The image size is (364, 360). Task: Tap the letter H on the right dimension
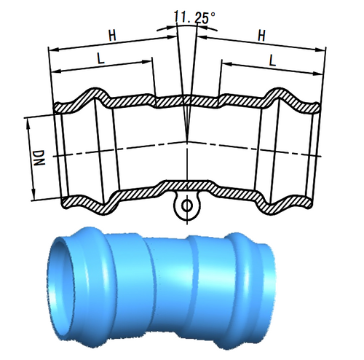(x=261, y=34)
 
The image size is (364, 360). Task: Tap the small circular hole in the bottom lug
(x=187, y=206)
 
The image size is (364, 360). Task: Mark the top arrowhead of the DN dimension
(x=30, y=119)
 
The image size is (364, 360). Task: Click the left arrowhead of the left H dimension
(x=51, y=50)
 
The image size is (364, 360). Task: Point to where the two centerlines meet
(x=187, y=141)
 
